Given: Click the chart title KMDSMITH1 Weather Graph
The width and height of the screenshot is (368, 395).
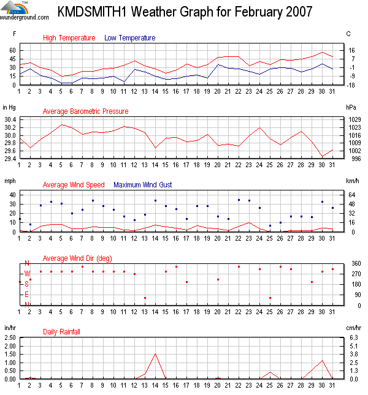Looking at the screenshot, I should tap(185, 12).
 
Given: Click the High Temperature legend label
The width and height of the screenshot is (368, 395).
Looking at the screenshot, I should tap(69, 38).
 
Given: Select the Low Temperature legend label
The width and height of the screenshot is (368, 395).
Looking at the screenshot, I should tap(129, 38).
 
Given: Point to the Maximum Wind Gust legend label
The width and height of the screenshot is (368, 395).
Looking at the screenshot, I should tap(143, 184).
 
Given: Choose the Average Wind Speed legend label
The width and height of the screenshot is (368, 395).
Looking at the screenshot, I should tap(73, 184).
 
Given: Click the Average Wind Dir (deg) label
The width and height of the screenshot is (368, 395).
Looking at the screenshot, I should tap(77, 258).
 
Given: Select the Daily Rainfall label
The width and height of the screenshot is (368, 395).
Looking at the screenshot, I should tap(61, 332).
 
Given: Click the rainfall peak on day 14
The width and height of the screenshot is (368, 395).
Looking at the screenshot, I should tap(155, 353).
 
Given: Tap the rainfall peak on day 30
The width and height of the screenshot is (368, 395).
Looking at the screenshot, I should tap(322, 360).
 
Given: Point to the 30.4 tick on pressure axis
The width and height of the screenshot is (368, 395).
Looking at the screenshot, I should tap(10, 120).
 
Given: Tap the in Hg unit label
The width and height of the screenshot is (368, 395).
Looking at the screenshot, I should tap(9, 107).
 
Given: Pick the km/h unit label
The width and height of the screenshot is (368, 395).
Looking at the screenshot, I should tap(351, 181).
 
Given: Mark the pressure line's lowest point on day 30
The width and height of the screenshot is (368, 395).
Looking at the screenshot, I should tap(322, 156).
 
